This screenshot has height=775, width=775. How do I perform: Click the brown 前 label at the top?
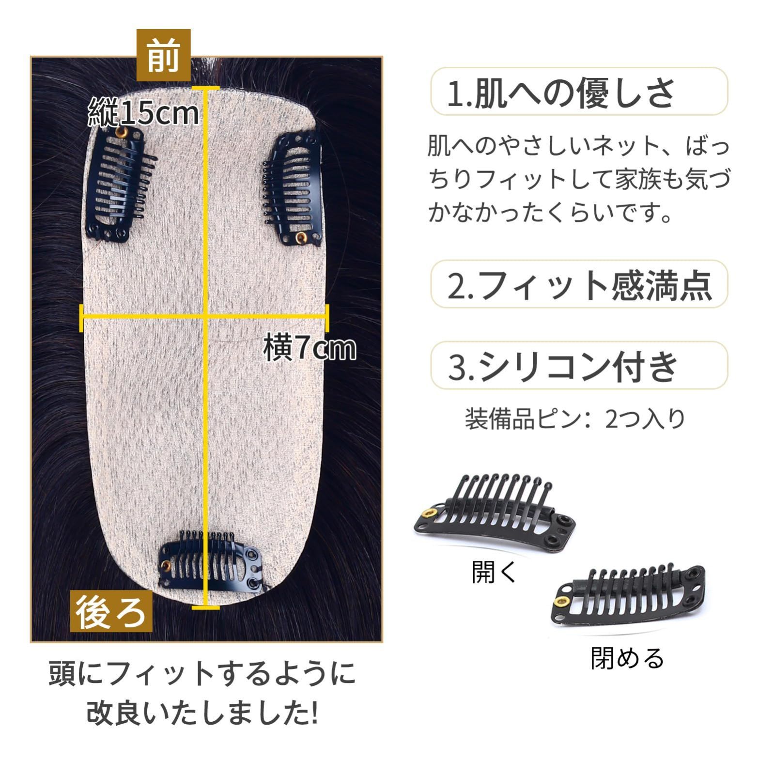pyautogui.click(x=163, y=55)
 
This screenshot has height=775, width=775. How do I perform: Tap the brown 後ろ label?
pyautogui.click(x=111, y=611)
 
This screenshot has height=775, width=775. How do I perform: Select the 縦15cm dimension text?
pyautogui.click(x=144, y=113)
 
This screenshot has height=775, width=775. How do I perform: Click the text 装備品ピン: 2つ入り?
pyautogui.click(x=575, y=419)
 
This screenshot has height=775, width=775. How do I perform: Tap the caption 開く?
pyautogui.click(x=495, y=572)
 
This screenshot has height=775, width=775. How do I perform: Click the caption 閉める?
pyautogui.click(x=627, y=658)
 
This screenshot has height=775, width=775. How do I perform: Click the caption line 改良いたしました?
pyautogui.click(x=202, y=713)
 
